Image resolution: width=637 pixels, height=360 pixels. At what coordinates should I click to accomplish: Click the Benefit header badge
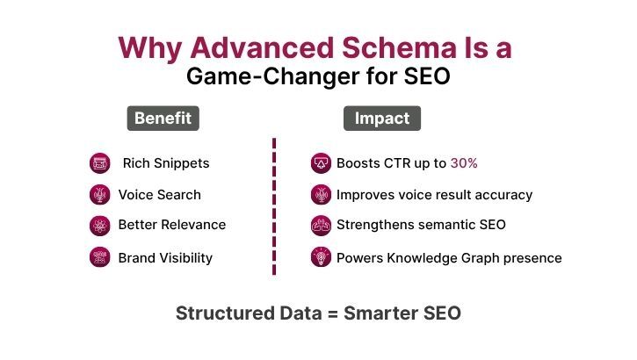(163, 119)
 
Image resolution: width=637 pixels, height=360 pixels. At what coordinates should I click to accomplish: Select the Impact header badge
(381, 119)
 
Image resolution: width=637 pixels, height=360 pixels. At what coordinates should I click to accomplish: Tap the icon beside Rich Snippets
(99, 163)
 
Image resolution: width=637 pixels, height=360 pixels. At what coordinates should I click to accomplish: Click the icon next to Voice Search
(99, 195)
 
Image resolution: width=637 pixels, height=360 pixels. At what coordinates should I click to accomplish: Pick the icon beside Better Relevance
(99, 226)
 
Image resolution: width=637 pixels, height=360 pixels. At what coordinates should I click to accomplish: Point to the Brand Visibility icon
(99, 257)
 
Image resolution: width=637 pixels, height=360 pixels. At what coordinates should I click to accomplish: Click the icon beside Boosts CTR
(321, 163)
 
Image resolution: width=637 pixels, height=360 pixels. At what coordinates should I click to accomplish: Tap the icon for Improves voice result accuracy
(321, 195)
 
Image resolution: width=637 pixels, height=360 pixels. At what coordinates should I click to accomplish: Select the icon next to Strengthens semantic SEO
(321, 226)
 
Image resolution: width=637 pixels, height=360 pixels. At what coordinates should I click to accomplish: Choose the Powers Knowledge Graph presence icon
(321, 257)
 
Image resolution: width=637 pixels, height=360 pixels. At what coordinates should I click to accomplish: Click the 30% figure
(464, 163)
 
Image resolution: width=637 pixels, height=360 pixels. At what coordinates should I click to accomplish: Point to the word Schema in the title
(387, 47)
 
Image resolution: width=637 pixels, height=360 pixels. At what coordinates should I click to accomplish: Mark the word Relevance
(192, 225)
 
